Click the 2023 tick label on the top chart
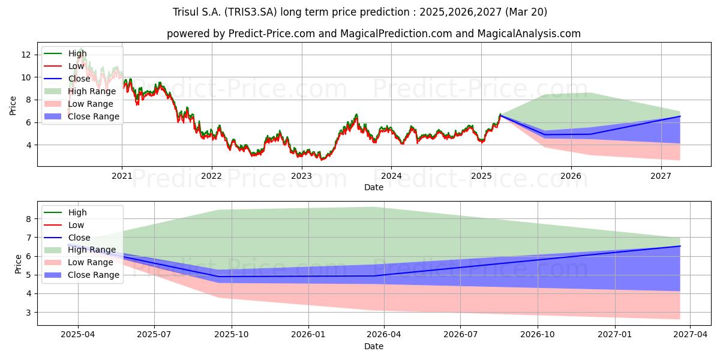click(x=301, y=176)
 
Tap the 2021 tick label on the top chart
click(x=122, y=176)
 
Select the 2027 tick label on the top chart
click(x=661, y=176)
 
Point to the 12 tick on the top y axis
click(x=26, y=55)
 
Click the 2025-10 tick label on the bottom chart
click(x=232, y=334)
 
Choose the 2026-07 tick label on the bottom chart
click(x=460, y=334)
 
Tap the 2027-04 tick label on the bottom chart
click(x=690, y=334)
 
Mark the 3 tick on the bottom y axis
click(x=29, y=313)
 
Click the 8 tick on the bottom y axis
click(x=29, y=219)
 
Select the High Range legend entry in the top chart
click(x=80, y=91)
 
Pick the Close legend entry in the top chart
click(x=67, y=79)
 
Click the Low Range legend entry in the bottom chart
click(x=79, y=262)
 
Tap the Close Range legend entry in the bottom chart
click(x=82, y=275)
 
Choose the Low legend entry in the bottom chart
click(x=64, y=225)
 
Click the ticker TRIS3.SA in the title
click(x=250, y=12)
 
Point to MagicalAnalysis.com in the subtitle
click(x=529, y=34)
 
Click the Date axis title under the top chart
click(x=373, y=187)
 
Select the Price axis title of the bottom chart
click(x=18, y=264)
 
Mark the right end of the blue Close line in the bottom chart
click(x=680, y=246)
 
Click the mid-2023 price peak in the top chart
click(x=356, y=115)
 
